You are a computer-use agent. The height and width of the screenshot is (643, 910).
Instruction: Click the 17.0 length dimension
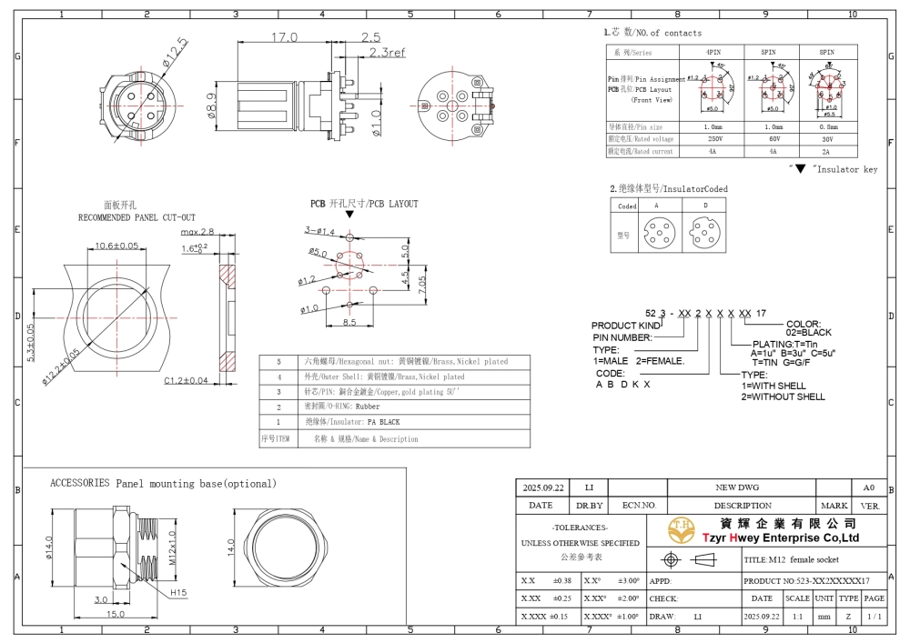[284, 37]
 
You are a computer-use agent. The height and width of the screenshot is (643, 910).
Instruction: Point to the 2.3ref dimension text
[388, 53]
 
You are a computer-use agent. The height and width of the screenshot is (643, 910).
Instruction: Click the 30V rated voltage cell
[827, 139]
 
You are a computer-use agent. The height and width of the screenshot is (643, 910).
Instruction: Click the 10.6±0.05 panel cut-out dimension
[116, 246]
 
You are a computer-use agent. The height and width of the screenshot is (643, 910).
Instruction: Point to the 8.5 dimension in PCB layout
[349, 323]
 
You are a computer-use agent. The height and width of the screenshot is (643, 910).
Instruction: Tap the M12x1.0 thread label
[171, 549]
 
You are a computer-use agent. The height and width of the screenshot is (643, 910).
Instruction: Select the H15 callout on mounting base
[179, 593]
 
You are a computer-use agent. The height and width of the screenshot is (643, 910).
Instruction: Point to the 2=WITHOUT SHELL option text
[783, 397]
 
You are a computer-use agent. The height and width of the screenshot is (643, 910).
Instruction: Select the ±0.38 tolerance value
[561, 580]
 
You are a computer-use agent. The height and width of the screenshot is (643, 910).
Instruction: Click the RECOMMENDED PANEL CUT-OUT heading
[136, 218]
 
